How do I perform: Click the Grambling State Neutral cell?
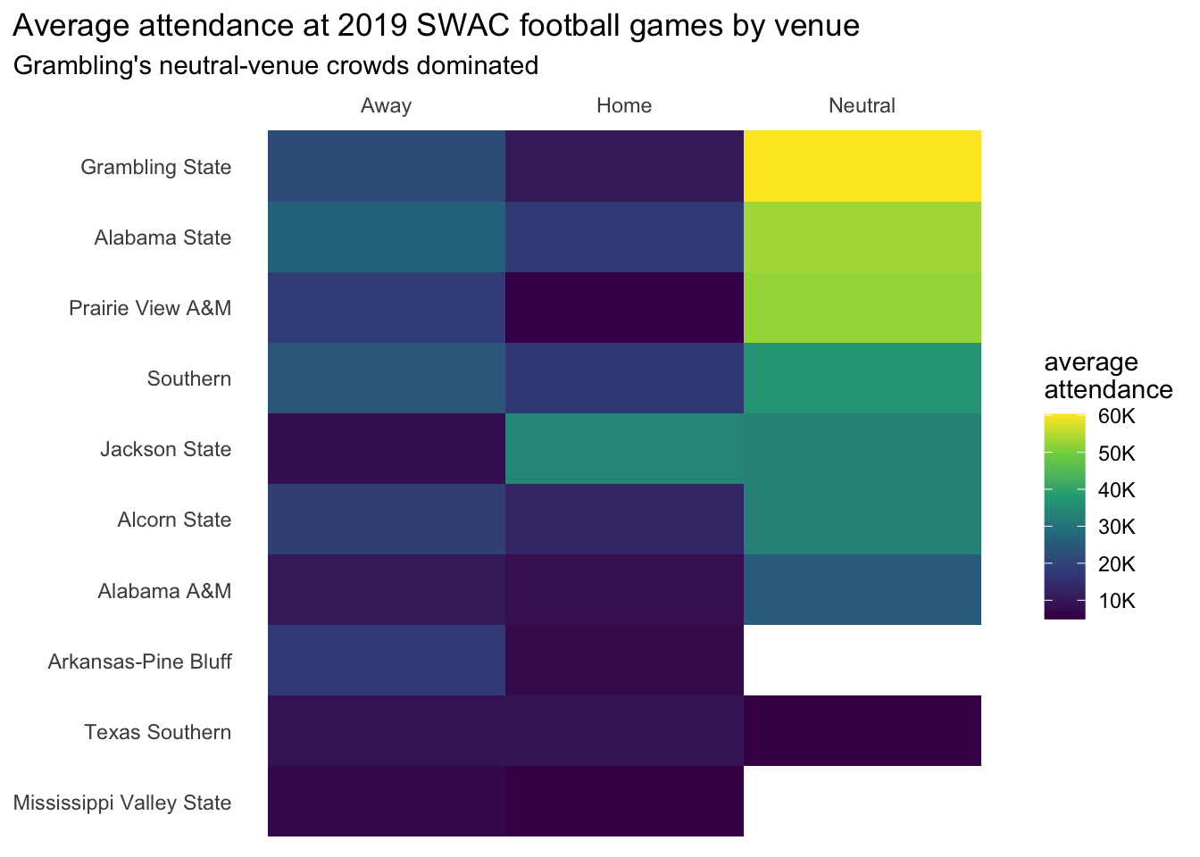tap(862, 166)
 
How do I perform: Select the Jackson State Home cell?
tap(624, 448)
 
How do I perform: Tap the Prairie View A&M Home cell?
tap(624, 307)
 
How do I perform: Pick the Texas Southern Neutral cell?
tap(862, 730)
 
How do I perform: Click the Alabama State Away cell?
tap(387, 237)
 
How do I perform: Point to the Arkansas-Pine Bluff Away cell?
tap(387, 660)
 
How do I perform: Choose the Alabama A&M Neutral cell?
tap(862, 589)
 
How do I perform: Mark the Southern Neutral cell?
tap(862, 378)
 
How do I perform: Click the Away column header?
tap(386, 105)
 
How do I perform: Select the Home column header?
tap(624, 105)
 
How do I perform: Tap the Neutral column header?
tap(862, 105)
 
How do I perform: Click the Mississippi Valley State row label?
tap(122, 803)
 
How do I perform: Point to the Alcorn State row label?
tap(174, 520)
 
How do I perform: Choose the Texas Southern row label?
tap(157, 732)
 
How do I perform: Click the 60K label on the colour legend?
tap(1116, 417)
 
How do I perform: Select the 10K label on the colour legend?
tap(1116, 600)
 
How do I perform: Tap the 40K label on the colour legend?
tap(1116, 490)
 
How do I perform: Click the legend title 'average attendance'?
tap(1107, 376)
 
